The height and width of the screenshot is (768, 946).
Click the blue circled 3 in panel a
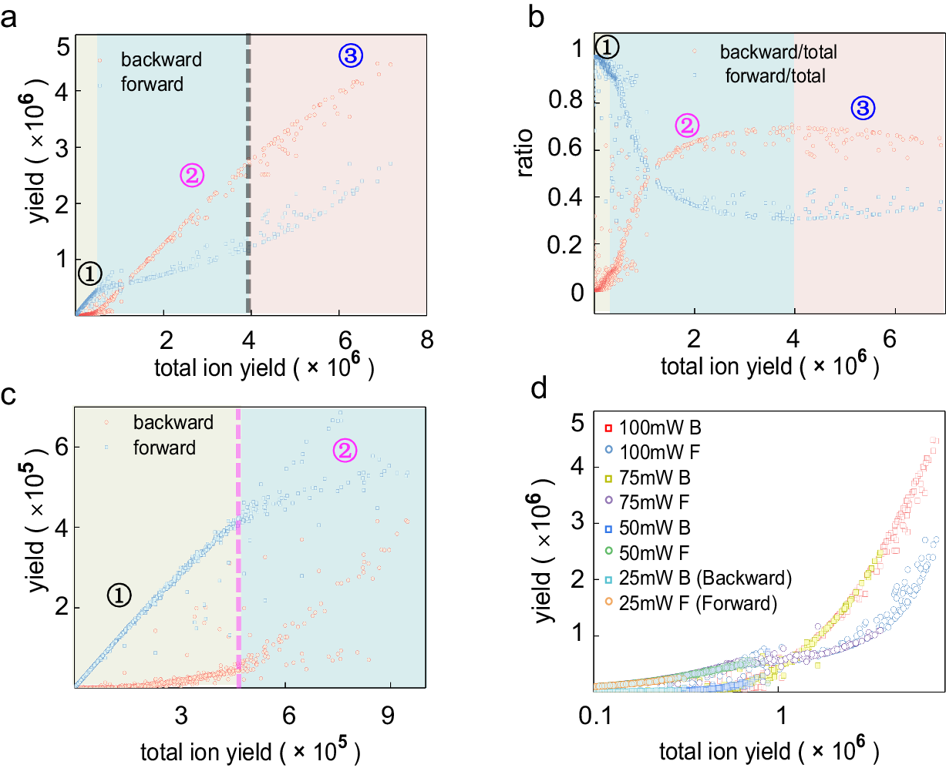tap(351, 55)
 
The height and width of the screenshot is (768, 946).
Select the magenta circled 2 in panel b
tap(687, 125)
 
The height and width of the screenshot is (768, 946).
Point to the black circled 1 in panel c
tap(120, 595)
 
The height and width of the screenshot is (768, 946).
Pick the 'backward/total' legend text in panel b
tap(778, 52)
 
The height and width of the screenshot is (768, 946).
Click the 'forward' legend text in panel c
tap(164, 448)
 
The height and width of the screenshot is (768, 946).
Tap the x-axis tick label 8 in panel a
tap(426, 340)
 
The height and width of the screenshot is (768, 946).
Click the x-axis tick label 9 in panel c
tap(388, 715)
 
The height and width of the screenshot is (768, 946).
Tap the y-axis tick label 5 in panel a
tap(62, 48)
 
